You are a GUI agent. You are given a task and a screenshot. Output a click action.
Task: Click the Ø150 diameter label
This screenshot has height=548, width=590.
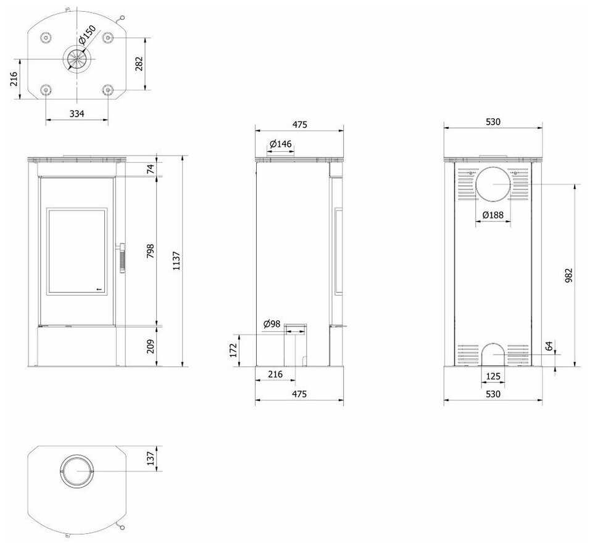click(x=88, y=36)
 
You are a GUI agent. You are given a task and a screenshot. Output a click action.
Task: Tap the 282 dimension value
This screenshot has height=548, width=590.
click(x=139, y=64)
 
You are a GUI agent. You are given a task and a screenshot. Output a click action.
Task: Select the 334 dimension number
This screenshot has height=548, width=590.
click(x=77, y=114)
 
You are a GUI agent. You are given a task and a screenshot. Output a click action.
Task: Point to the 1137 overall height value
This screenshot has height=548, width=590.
click(x=177, y=261)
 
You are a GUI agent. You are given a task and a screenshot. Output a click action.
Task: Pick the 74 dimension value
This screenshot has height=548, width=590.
click(x=150, y=168)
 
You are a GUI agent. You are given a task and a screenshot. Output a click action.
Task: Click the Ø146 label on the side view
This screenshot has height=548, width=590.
click(x=281, y=144)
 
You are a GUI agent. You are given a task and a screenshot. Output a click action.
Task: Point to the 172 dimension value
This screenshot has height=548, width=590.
click(x=234, y=350)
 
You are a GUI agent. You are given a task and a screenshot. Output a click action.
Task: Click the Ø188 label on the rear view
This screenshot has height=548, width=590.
click(x=492, y=215)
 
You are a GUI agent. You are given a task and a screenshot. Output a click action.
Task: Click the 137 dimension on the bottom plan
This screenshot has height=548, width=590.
click(x=150, y=457)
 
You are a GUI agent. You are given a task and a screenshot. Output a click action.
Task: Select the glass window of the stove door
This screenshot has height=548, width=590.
click(x=77, y=251)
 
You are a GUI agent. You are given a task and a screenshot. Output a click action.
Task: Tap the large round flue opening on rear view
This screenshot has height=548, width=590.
click(x=493, y=184)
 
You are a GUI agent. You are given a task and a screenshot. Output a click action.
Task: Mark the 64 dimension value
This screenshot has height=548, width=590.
click(x=549, y=346)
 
